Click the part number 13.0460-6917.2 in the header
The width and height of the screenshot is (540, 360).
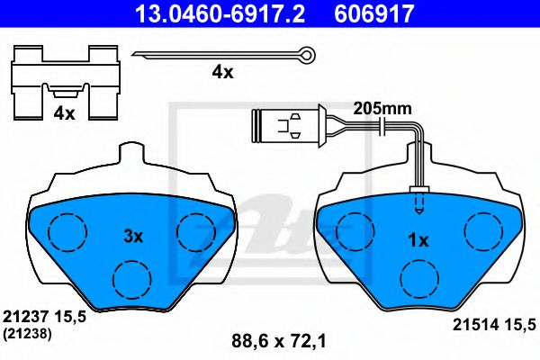[220, 13]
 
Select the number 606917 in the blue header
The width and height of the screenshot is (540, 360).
[374, 13]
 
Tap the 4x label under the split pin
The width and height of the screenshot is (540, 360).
[222, 72]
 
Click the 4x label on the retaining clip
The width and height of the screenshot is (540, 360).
[64, 113]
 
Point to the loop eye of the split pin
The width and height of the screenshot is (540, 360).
[308, 54]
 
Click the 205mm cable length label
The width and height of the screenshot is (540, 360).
[382, 109]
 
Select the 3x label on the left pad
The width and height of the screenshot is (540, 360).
[133, 237]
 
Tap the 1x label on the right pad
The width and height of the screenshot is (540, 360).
[418, 240]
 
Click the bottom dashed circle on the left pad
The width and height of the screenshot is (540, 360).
[132, 279]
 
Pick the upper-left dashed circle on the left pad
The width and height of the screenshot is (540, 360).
[67, 232]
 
